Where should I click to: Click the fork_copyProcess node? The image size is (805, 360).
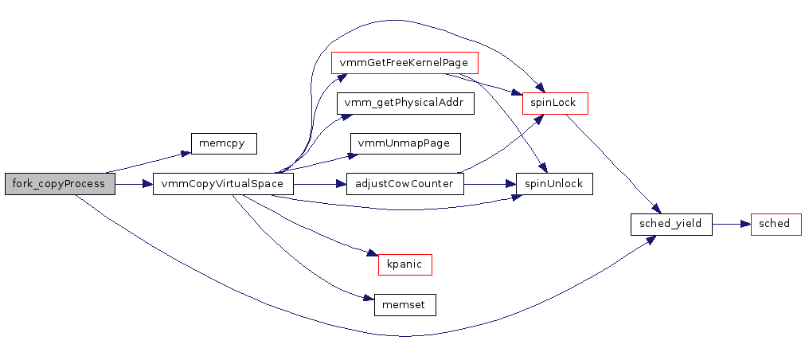tap(60, 184)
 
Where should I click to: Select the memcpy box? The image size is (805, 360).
tap(223, 143)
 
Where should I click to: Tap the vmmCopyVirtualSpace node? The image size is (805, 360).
tap(223, 184)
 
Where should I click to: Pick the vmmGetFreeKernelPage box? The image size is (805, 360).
tap(404, 62)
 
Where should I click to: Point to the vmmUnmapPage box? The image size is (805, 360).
tap(404, 143)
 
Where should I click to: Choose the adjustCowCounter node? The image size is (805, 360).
tap(404, 184)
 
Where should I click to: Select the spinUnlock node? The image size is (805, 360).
tap(553, 184)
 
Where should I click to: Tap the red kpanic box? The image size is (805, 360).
tap(404, 264)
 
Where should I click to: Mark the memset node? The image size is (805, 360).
tap(404, 305)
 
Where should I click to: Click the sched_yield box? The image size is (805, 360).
tap(670, 224)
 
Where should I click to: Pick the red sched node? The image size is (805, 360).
tap(775, 224)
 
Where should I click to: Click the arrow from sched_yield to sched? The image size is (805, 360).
tap(731, 224)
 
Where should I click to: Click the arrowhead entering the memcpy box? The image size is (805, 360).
tap(186, 154)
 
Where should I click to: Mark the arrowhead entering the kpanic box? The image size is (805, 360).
tap(372, 255)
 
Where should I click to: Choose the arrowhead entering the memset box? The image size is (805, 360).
tap(369, 299)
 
